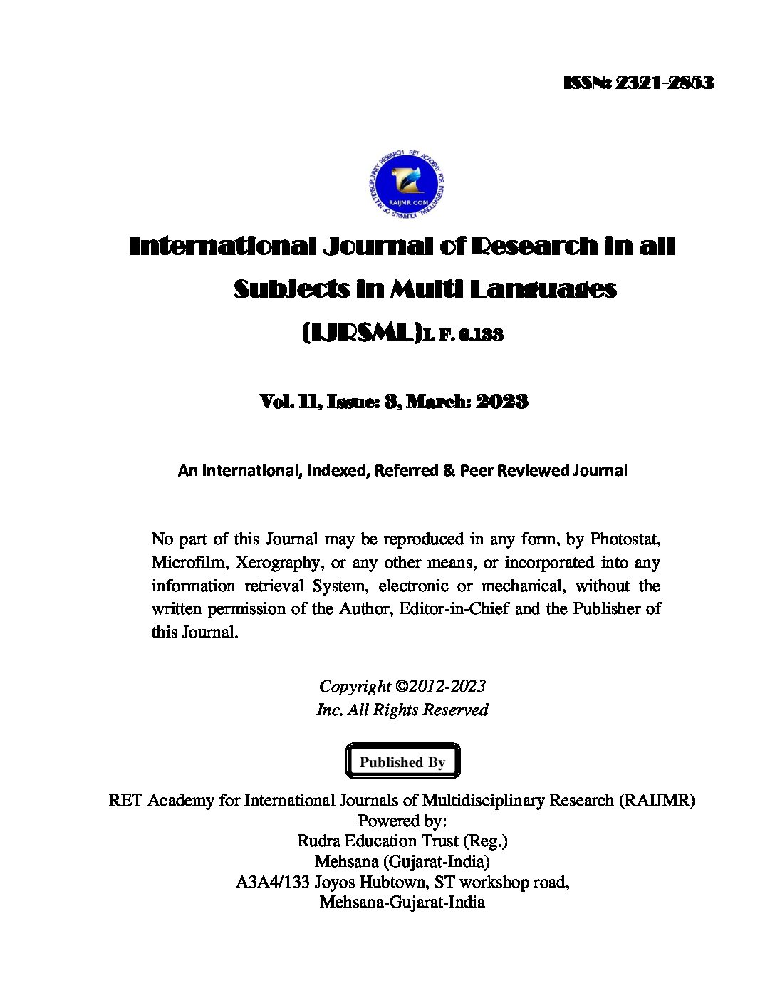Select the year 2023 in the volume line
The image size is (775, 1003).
click(501, 402)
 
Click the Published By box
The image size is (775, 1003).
click(402, 762)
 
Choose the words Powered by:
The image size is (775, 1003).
click(402, 820)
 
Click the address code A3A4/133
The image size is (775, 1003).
click(272, 882)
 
